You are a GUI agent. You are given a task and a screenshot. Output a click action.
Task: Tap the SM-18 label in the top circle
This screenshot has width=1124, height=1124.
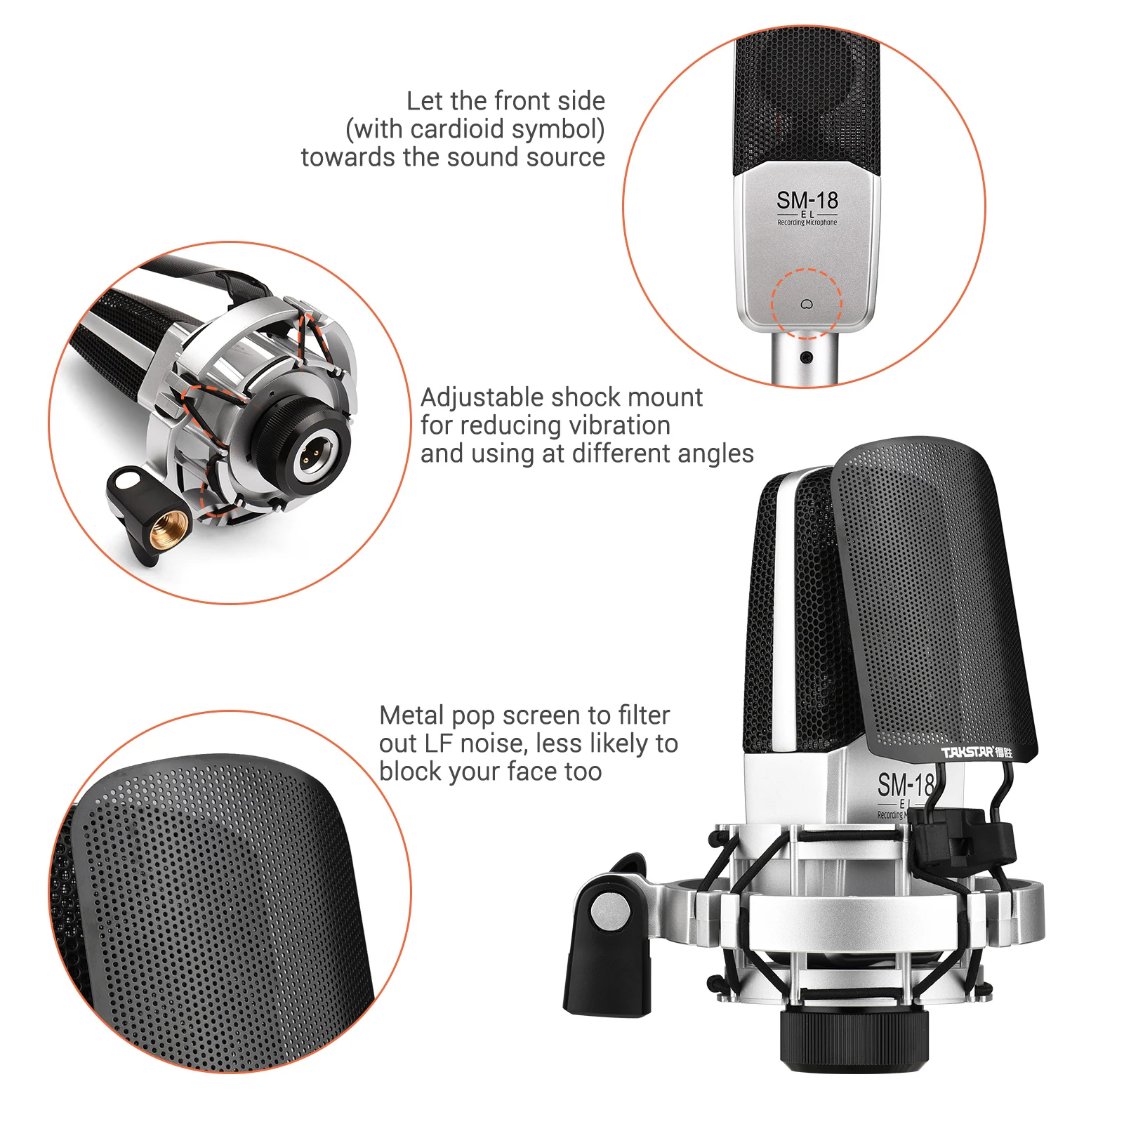(x=807, y=200)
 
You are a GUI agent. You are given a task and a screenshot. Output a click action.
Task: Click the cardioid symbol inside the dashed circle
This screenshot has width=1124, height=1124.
(x=806, y=304)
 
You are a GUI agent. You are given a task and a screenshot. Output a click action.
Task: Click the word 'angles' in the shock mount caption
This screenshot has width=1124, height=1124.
(x=719, y=454)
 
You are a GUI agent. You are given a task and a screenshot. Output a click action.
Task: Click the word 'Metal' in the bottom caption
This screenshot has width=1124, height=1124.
(x=411, y=715)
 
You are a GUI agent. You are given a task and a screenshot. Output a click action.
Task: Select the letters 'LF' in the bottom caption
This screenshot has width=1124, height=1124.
(x=437, y=743)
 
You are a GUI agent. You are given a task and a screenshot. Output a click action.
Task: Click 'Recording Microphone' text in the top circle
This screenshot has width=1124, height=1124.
(x=807, y=223)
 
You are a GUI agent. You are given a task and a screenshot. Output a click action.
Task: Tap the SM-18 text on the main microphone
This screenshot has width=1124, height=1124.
(x=904, y=784)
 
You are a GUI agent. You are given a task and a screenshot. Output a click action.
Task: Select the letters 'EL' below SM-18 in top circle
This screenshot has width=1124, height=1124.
(x=807, y=214)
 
